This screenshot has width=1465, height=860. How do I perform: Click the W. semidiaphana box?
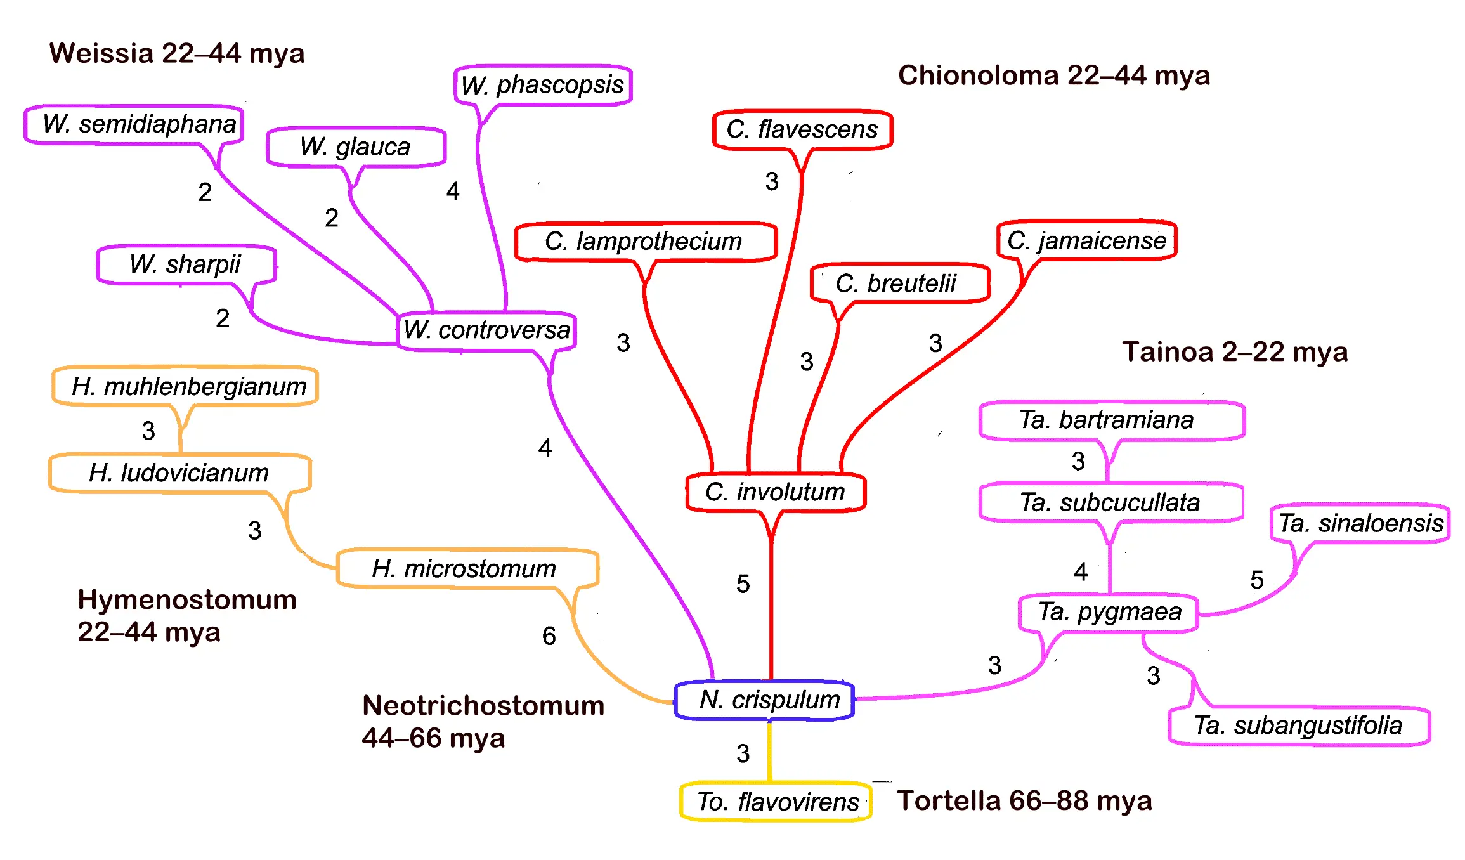click(134, 124)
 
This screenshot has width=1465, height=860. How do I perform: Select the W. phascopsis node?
click(543, 85)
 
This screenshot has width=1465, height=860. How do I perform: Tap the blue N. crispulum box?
click(765, 700)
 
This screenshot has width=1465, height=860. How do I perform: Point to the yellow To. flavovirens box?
click(776, 802)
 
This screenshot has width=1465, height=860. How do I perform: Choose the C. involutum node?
click(776, 492)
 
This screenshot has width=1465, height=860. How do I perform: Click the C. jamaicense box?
click(1086, 240)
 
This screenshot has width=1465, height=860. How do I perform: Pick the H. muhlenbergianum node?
click(185, 386)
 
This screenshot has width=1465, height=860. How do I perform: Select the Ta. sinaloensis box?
click(1360, 523)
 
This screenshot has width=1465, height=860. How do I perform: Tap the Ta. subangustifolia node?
click(1298, 726)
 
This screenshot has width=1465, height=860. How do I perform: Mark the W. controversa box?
click(486, 330)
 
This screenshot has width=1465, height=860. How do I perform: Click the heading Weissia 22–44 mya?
click(177, 53)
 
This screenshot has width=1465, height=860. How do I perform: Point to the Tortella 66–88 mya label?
click(1024, 801)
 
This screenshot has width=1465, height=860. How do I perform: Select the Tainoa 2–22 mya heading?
click(1235, 352)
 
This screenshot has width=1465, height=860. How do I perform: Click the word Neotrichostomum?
click(483, 706)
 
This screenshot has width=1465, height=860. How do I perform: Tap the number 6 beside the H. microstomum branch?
click(549, 636)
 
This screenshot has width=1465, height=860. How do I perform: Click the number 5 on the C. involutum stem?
click(743, 584)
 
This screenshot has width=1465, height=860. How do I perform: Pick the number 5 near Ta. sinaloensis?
click(1256, 580)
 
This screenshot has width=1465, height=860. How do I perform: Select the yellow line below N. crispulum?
click(770, 751)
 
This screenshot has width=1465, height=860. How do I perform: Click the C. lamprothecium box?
click(646, 242)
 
